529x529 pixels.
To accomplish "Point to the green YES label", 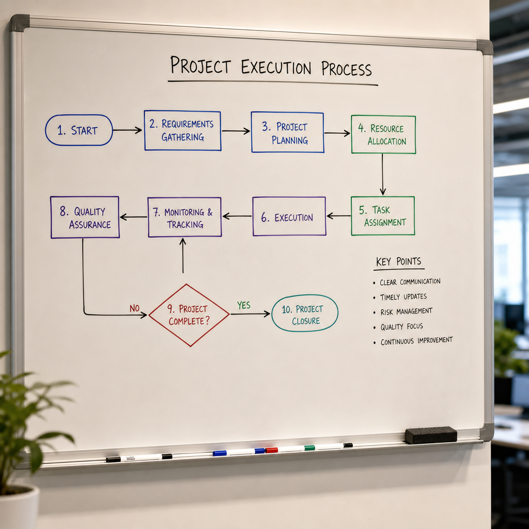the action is (x=244, y=305).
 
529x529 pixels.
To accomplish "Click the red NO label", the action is (x=135, y=308).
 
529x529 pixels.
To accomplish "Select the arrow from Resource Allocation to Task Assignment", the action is (x=383, y=175).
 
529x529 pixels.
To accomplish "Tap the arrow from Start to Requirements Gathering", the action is (x=128, y=130).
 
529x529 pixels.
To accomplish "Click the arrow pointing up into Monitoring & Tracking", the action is (x=183, y=255).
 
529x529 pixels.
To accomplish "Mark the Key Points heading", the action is (x=398, y=261).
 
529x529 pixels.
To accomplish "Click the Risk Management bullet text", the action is (x=406, y=312).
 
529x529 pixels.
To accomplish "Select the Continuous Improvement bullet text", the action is (x=417, y=341).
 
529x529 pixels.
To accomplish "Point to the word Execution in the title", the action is (x=276, y=67).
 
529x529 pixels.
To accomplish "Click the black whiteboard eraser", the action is (x=431, y=435).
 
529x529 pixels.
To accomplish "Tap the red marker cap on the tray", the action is (x=271, y=450).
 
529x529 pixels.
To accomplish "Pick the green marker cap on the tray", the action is (x=309, y=448).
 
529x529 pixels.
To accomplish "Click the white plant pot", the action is (x=19, y=507).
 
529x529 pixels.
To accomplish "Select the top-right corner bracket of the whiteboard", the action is (x=485, y=47).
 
